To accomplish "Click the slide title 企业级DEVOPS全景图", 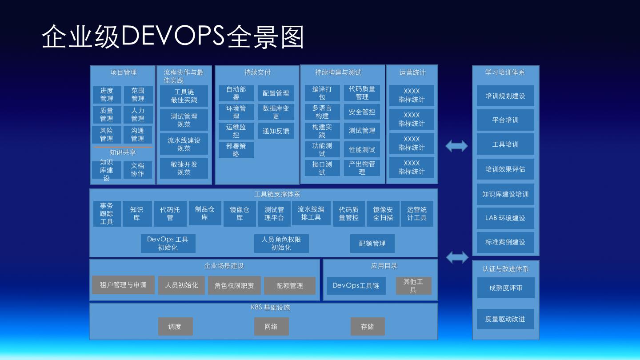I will tap(173, 36).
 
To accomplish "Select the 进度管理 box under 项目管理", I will tap(107, 95).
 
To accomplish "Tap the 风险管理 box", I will tap(107, 135).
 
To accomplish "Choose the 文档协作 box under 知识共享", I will tap(138, 170).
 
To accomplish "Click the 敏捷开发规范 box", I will tap(184, 168).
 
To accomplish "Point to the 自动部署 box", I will tap(236, 93).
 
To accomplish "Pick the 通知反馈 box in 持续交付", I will tap(276, 131).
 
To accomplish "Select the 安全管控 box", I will tap(362, 112).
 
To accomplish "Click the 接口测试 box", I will tap(322, 168).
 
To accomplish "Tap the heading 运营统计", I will tap(412, 72).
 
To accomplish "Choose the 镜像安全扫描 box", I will tap(383, 214).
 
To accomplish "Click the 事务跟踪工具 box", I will tap(107, 214).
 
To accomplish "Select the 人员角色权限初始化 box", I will tap(281, 244).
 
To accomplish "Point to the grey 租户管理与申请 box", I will tap(123, 285).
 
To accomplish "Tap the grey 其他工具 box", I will tap(413, 286).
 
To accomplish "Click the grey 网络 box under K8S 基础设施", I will tap(271, 327).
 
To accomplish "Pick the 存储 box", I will tap(368, 327).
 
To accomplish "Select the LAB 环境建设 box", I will tap(505, 218).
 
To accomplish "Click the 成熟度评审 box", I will tap(506, 288).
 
